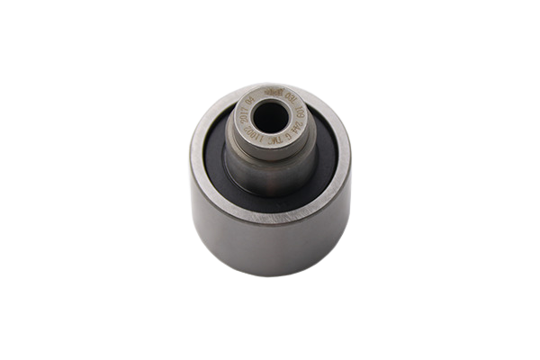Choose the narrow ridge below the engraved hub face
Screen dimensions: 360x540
pos(270,148)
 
